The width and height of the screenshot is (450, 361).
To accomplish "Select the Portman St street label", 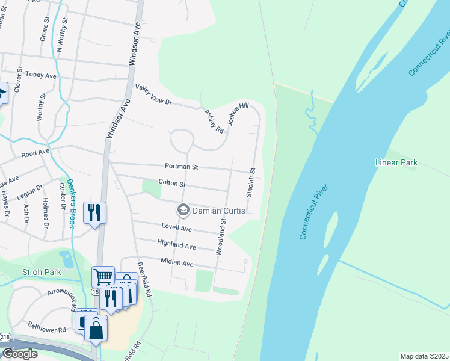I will pyautogui.click(x=181, y=167).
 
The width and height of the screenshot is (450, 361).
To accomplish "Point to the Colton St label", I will pyautogui.click(x=172, y=182).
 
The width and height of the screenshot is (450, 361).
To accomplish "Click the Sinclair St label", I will pyautogui.click(x=251, y=182).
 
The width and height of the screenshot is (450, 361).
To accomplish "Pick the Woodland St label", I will pyautogui.click(x=221, y=235).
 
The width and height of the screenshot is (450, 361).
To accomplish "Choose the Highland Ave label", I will pyautogui.click(x=176, y=246).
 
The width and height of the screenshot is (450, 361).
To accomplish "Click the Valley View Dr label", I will pyautogui.click(x=153, y=95).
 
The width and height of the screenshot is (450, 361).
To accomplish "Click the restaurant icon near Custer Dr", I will pyautogui.click(x=95, y=212).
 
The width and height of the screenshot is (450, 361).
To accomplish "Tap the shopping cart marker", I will pyautogui.click(x=103, y=277).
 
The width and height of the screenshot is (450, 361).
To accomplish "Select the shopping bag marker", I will pyautogui.click(x=96, y=329).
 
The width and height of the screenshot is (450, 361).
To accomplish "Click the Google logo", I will pyautogui.click(x=19, y=354).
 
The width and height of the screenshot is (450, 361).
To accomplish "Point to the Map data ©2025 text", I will pyautogui.click(x=424, y=356).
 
